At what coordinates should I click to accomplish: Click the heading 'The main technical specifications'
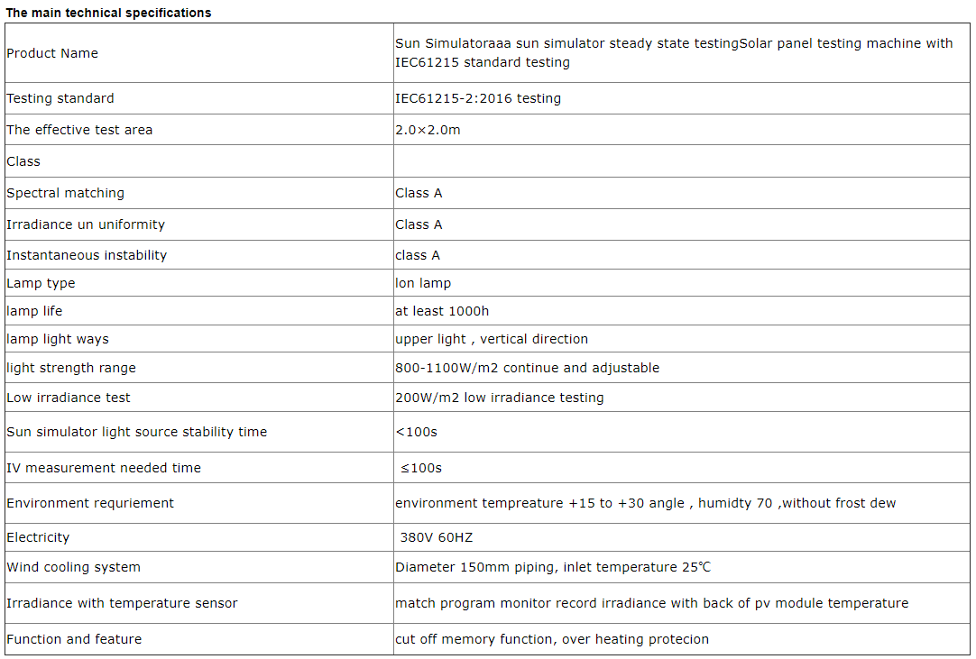coord(109,13)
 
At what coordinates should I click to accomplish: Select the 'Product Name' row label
coord(52,53)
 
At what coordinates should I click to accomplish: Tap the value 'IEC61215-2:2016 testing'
coord(478,98)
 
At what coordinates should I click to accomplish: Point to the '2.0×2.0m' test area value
coord(428,130)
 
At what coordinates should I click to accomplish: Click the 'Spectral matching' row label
coord(65,193)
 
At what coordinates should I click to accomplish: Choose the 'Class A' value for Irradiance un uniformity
coord(419,224)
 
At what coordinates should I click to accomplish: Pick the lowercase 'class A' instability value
coord(418,255)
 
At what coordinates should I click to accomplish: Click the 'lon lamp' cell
coord(423,283)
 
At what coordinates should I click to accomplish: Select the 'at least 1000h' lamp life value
coord(442,311)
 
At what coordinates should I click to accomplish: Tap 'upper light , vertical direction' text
coord(492,339)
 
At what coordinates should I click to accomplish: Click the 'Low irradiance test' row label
coord(69,398)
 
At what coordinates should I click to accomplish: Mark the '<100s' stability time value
coord(416,432)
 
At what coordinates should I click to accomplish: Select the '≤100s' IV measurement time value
coord(420,468)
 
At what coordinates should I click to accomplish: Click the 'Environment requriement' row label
coord(90,503)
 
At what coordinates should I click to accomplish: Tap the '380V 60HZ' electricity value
coord(437,537)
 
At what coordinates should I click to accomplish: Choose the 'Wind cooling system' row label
coord(73,567)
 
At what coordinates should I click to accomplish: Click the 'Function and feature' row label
coord(74,639)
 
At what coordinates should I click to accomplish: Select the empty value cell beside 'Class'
coord(681,161)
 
